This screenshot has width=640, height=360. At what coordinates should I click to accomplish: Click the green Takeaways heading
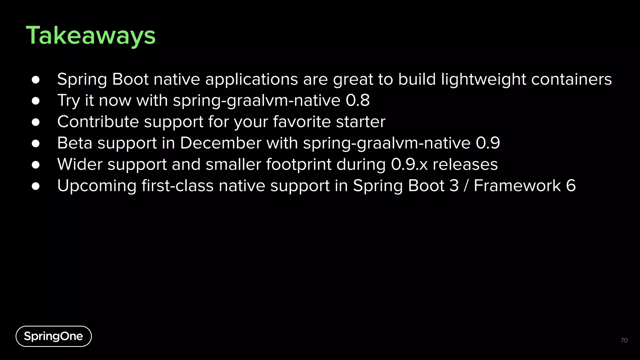click(91, 36)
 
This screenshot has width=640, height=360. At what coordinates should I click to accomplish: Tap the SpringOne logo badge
click(53, 336)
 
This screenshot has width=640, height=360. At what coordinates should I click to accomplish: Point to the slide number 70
click(624, 340)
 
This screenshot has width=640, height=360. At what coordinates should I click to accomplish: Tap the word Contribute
click(98, 122)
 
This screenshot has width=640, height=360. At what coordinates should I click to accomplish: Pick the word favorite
click(302, 122)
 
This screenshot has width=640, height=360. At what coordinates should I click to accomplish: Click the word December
click(220, 143)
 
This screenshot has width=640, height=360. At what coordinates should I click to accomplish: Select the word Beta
click(75, 143)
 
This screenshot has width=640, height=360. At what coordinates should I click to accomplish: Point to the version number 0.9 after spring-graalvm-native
click(488, 143)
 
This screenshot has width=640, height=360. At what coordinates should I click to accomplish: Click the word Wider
click(80, 164)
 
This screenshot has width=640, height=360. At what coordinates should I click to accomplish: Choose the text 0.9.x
click(409, 164)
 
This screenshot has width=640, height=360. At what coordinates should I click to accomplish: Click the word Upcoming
click(97, 186)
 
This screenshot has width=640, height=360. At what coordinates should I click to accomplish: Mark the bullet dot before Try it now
click(36, 101)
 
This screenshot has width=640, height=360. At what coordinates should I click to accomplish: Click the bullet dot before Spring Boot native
click(36, 80)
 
